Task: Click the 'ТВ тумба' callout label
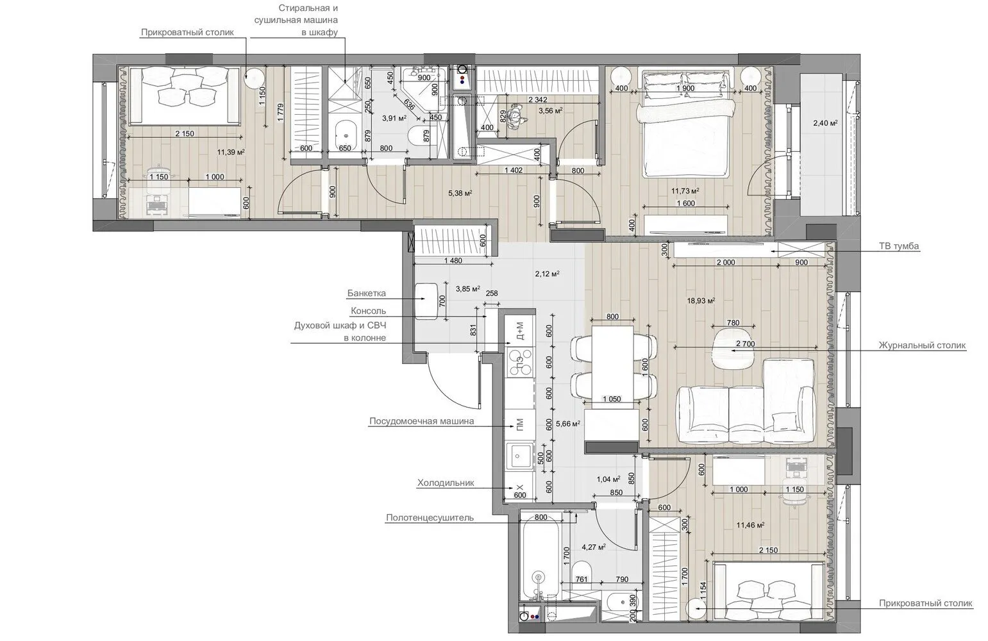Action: (899, 246)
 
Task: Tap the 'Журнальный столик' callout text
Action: (922, 345)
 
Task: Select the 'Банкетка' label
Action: (367, 293)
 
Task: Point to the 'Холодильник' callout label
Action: (446, 483)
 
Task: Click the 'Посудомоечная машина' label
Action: (422, 421)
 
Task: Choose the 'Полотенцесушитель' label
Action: (430, 517)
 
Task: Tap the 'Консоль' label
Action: (368, 311)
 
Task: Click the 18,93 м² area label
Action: (701, 301)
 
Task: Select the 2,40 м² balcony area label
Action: (825, 123)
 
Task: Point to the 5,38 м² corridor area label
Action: (460, 193)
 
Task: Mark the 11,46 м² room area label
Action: (750, 525)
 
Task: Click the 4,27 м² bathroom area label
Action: (593, 547)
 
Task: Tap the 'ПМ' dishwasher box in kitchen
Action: (520, 425)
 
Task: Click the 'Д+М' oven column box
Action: (520, 331)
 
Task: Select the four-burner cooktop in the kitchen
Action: (520, 362)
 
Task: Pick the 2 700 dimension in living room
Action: (746, 344)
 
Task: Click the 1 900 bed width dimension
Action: (685, 88)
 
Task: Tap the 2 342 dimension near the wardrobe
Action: (538, 99)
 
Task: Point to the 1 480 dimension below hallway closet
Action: (453, 260)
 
